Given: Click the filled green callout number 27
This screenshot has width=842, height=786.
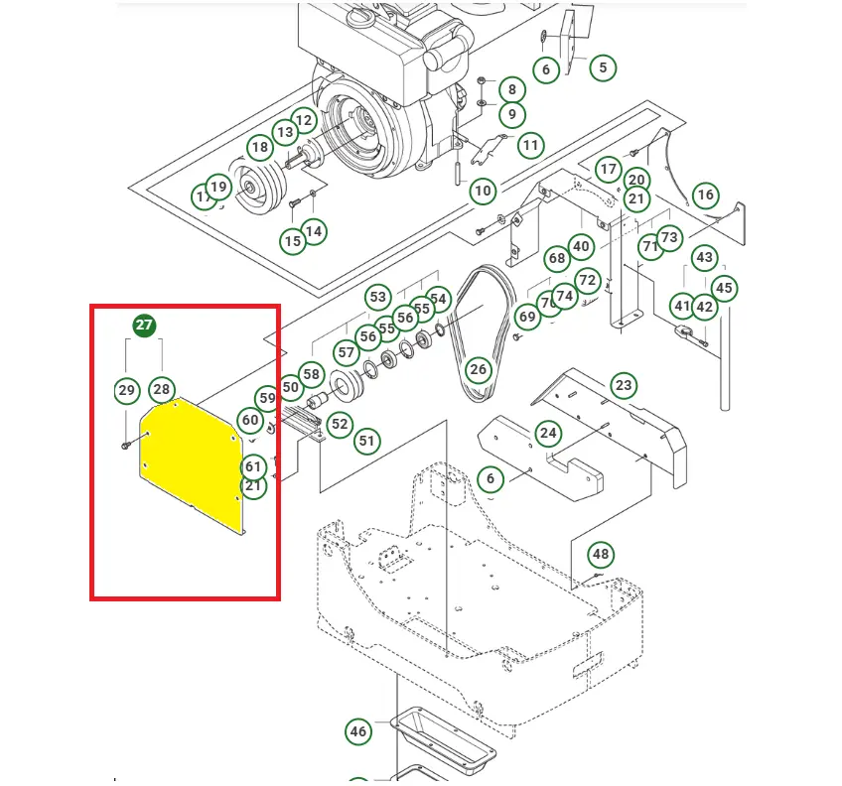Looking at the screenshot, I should (x=144, y=326).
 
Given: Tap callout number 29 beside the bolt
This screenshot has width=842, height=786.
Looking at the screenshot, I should (x=126, y=390).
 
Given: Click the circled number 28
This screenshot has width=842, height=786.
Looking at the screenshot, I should (x=162, y=390).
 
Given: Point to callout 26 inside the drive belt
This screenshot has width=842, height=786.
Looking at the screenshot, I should (x=479, y=370).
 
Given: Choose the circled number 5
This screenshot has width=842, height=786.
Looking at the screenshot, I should (x=602, y=68).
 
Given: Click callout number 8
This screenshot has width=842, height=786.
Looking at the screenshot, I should (x=511, y=89).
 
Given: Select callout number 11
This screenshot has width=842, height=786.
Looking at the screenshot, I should (x=530, y=145).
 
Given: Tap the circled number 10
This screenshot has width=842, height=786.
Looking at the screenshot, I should (x=482, y=191).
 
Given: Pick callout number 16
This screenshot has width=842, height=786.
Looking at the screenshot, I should (x=705, y=196).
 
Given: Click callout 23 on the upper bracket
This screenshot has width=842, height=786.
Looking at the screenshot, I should (x=623, y=385).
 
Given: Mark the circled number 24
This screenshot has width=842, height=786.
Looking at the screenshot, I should (x=548, y=433).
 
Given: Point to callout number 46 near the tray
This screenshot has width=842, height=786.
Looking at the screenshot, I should (x=358, y=732).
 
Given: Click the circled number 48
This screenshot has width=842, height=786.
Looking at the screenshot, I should (x=601, y=554).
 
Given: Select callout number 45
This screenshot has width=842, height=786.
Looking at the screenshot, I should (x=724, y=289).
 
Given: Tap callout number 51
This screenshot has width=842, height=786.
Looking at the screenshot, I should (x=368, y=441).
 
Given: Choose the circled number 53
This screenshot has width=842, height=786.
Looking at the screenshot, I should (x=377, y=297).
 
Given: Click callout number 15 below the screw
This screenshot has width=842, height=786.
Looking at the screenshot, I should (x=292, y=241).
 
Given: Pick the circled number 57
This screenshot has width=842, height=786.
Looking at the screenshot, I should (x=346, y=352).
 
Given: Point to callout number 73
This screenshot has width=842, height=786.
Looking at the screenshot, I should (x=670, y=237).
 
